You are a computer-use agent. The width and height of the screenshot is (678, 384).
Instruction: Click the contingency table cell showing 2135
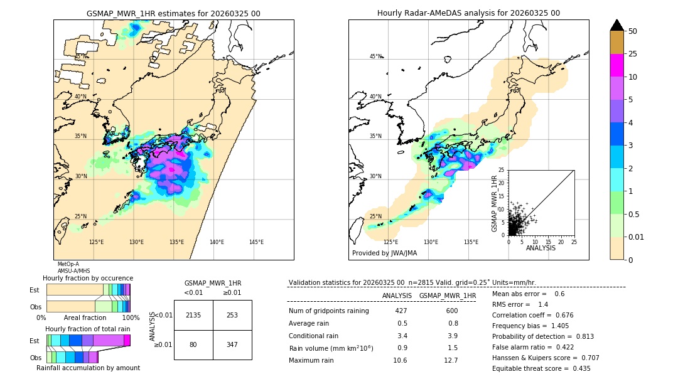(193, 315)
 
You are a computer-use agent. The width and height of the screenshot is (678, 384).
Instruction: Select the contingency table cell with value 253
(232, 315)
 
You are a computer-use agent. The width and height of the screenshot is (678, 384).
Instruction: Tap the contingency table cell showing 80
(193, 345)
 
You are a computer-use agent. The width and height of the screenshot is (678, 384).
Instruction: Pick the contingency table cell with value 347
(232, 345)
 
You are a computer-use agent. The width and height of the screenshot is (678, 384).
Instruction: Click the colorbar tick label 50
(633, 31)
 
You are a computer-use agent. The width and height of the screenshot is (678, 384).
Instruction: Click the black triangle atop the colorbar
(617, 25)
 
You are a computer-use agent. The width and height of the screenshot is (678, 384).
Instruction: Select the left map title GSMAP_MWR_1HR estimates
(173, 13)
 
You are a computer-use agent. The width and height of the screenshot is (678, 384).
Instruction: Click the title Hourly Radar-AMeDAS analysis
(468, 13)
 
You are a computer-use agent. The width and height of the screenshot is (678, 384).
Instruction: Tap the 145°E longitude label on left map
(256, 242)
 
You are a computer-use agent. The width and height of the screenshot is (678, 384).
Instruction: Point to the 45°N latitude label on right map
(375, 56)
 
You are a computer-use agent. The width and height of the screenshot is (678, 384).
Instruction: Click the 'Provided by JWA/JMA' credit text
(384, 253)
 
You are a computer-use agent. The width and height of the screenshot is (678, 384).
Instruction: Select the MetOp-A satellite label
(68, 264)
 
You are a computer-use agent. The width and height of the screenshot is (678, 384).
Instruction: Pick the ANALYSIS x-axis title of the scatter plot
(541, 248)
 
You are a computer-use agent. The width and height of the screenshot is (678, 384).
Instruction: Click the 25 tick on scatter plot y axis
(502, 170)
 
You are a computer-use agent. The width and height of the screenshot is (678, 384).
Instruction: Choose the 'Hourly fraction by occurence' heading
(88, 278)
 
